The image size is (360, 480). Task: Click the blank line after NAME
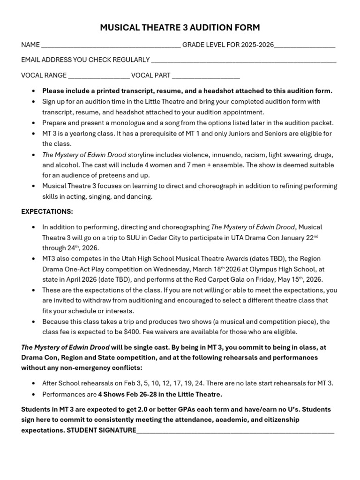[111, 46]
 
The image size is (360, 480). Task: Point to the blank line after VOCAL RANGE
[99, 76]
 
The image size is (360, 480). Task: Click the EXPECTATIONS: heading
[47, 211]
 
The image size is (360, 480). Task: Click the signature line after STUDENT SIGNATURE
[235, 430]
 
